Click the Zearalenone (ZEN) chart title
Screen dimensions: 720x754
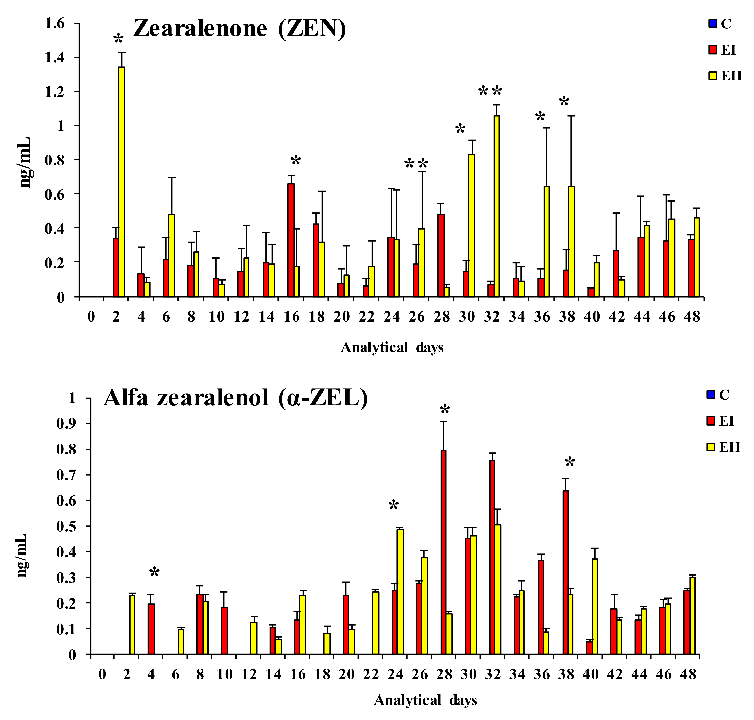[239, 29]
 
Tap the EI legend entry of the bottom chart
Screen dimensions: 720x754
[720, 421]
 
